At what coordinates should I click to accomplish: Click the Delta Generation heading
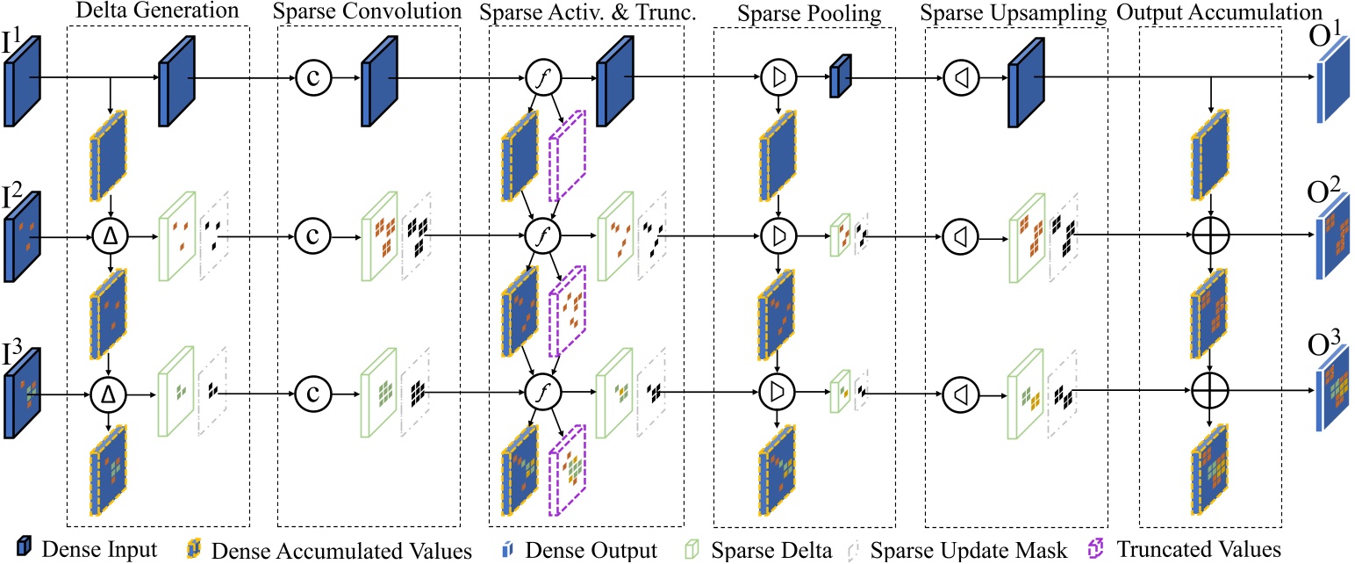click(158, 11)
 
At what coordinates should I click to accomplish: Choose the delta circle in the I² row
click(109, 235)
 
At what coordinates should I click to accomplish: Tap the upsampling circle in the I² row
click(958, 235)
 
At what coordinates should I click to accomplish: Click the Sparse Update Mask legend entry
click(965, 550)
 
